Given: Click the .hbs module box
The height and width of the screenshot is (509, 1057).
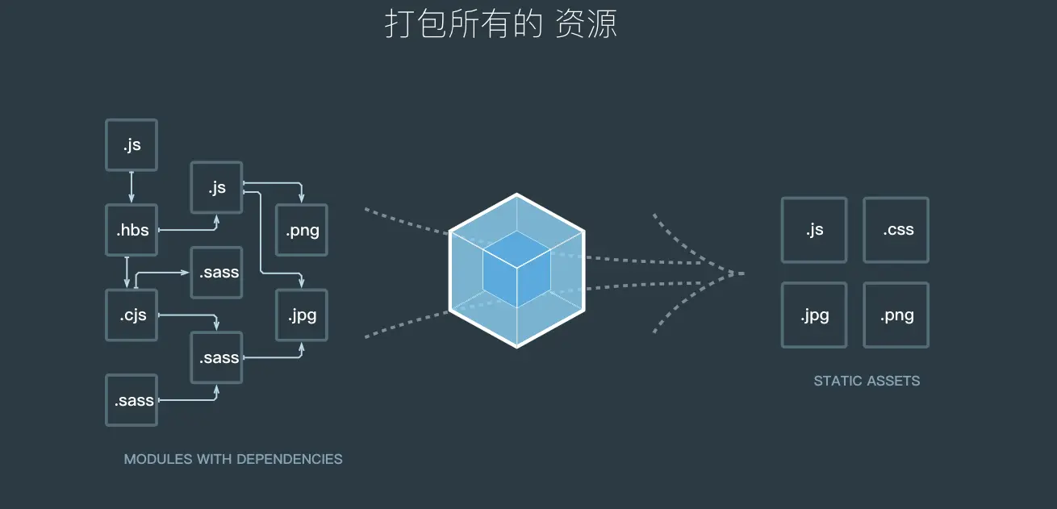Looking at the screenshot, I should pos(132,230).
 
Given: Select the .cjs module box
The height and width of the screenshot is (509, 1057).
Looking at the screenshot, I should pos(132,315).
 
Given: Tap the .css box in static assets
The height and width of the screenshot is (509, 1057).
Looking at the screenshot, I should pos(896,230).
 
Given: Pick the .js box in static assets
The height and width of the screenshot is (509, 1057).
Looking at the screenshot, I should pos(814,230).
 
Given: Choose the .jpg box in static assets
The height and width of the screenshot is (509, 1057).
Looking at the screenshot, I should pos(814,315).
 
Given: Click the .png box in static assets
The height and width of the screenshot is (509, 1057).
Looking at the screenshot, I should pos(896,315).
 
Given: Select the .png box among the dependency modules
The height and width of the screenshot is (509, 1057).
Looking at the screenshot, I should pos(302,230).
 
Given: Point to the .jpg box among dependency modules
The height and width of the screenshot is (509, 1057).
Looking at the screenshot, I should pos(302,315).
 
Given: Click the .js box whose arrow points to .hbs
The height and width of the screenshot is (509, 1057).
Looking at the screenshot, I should pos(132,145).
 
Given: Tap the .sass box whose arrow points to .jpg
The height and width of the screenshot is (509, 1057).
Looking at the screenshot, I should pos(216,357).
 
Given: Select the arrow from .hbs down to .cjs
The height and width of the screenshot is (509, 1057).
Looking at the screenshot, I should pos(127,272).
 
